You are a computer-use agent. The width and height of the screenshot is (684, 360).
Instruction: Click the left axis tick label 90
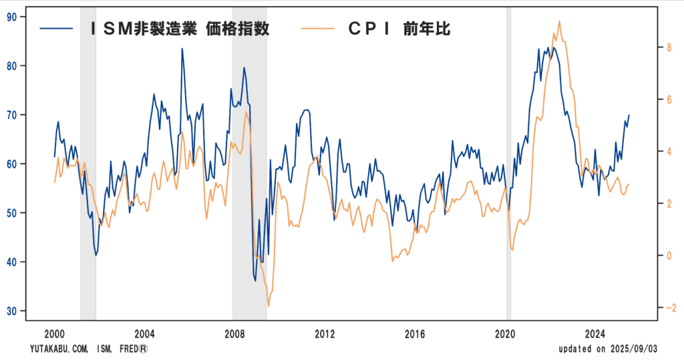(x=11, y=16)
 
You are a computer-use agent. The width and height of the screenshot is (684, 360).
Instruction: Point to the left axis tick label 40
(x=11, y=262)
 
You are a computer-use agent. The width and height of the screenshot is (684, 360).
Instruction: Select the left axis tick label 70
(x=11, y=114)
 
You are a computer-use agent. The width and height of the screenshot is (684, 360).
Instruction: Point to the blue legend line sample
(x=57, y=28)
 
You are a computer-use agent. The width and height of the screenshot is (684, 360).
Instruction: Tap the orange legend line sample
(x=319, y=28)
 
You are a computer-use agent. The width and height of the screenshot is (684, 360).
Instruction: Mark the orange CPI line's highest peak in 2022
(x=559, y=21)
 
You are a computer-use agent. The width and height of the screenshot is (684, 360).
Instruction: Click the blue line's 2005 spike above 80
(x=182, y=49)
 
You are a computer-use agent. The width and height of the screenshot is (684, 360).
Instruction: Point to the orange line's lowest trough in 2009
(x=269, y=306)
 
